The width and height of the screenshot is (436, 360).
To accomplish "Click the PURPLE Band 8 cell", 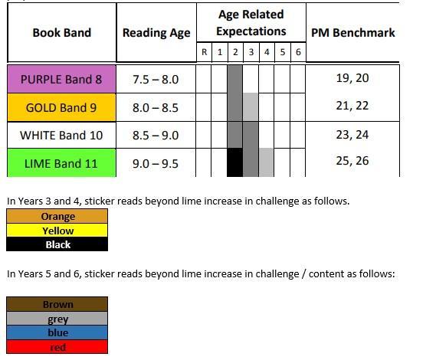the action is [61, 79].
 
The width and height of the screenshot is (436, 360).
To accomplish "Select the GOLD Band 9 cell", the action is [61, 107].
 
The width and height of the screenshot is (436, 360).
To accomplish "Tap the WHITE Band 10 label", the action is [61, 136].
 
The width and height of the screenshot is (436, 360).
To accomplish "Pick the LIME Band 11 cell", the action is [61, 163].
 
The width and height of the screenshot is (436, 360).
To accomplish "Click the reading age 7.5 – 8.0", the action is [156, 80].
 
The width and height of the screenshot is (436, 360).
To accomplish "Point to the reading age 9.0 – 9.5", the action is [156, 163].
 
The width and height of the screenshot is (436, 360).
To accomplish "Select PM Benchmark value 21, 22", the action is [352, 106].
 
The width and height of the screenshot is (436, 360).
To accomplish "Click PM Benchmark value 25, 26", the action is [352, 161].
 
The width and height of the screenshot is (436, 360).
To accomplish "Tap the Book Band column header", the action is [62, 32].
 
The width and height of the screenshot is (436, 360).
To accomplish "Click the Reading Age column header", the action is [156, 32].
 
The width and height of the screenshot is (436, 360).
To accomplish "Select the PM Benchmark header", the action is [352, 32].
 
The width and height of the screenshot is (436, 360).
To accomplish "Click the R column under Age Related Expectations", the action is [204, 52].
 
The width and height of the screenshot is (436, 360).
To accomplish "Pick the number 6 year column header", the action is [298, 52].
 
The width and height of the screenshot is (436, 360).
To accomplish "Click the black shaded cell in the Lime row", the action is [235, 162].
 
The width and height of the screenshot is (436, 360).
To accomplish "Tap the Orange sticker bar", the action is [57, 216].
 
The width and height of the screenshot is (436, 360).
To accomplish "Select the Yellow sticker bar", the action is [57, 231].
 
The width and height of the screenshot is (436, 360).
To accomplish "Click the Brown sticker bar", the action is [57, 304].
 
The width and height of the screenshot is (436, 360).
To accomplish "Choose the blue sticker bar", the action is [57, 332].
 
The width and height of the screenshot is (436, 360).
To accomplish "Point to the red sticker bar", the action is [57, 347].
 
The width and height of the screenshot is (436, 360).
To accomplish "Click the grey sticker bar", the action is [57, 319].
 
